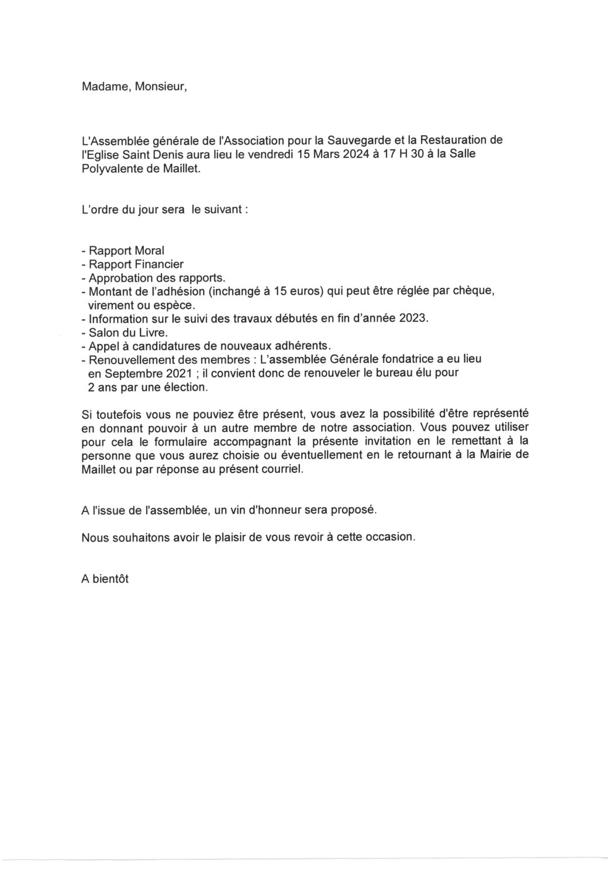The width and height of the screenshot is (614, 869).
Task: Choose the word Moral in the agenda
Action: tap(150, 250)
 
